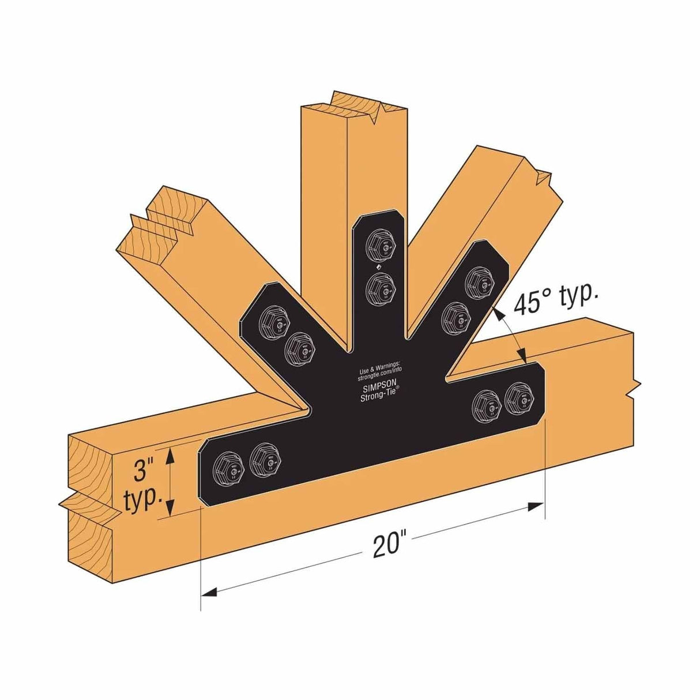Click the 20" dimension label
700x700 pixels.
pos(386,545)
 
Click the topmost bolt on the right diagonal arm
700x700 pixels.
pos(480,280)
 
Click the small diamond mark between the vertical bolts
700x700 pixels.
pos(378,267)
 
